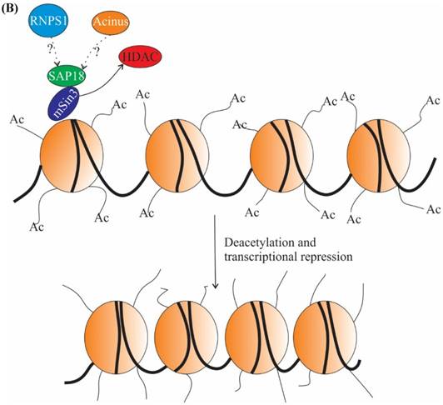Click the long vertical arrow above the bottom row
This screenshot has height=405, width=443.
216,250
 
